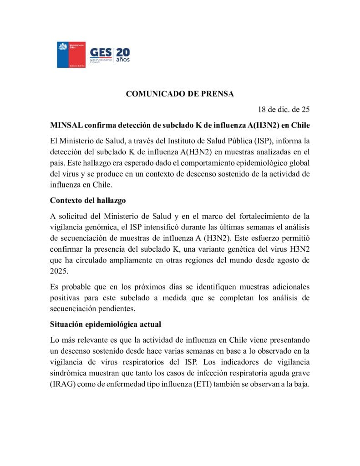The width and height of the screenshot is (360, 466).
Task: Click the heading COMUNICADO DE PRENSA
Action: click(180, 94)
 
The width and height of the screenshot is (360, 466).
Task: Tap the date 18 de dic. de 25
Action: click(284, 109)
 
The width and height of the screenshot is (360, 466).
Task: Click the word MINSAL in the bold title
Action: click(66, 125)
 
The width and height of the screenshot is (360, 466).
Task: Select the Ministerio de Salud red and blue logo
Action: click(71, 55)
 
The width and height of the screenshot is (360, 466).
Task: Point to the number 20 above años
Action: click(123, 51)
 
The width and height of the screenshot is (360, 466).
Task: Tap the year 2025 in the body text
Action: click(60, 271)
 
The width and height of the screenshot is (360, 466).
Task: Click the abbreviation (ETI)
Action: click(209, 384)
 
